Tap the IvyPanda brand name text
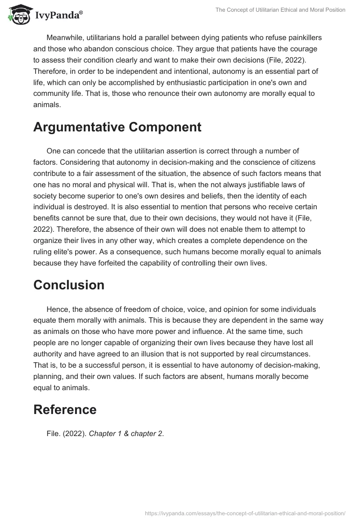click(58, 15)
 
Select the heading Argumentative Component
click(117, 127)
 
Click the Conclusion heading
click(69, 285)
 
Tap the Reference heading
click(65, 409)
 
